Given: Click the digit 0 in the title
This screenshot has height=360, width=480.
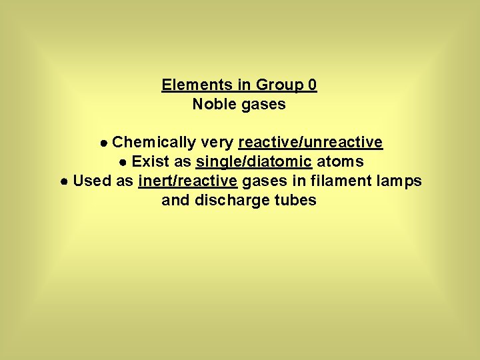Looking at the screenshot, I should pyautogui.click(x=313, y=85).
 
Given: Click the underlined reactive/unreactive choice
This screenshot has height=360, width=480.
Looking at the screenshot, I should pyautogui.click(x=310, y=143).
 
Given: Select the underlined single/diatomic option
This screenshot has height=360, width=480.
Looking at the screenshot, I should pyautogui.click(x=253, y=162).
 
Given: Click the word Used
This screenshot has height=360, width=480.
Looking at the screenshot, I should pyautogui.click(x=92, y=181).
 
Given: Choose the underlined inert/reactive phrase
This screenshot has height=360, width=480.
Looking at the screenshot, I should pyautogui.click(x=187, y=181).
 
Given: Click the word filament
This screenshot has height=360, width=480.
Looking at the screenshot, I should pyautogui.click(x=338, y=181).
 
